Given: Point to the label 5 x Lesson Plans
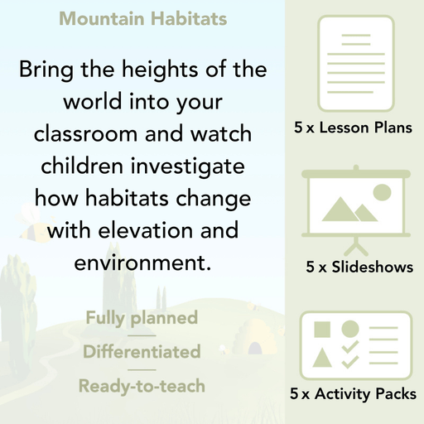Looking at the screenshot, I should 353,128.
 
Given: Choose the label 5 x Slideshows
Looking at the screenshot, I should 359,267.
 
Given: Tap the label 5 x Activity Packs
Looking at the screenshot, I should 354,394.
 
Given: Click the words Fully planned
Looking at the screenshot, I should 142,317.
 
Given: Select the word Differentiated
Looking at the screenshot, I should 142,352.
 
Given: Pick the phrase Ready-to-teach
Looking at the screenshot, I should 142,385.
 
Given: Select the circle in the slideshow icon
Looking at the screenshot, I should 381,193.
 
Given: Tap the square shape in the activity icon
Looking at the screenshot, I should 322,330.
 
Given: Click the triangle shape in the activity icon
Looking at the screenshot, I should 322,359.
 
